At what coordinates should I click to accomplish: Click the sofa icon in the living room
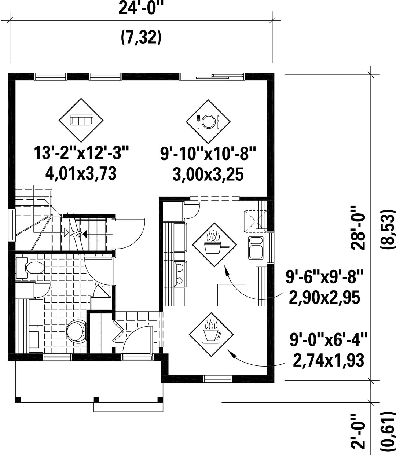point(81,120)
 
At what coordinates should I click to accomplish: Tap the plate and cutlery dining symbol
point(208,121)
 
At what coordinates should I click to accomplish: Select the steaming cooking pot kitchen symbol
point(214,244)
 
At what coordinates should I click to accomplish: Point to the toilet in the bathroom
point(30,268)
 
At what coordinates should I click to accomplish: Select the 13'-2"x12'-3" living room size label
point(81,153)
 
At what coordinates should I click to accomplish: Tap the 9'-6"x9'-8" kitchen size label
point(324,277)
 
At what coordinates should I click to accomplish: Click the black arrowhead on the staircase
point(85,234)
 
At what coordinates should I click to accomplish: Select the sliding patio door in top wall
point(212,77)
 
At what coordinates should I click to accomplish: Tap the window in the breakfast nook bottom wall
point(218,379)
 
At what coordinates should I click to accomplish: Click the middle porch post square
point(96,400)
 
